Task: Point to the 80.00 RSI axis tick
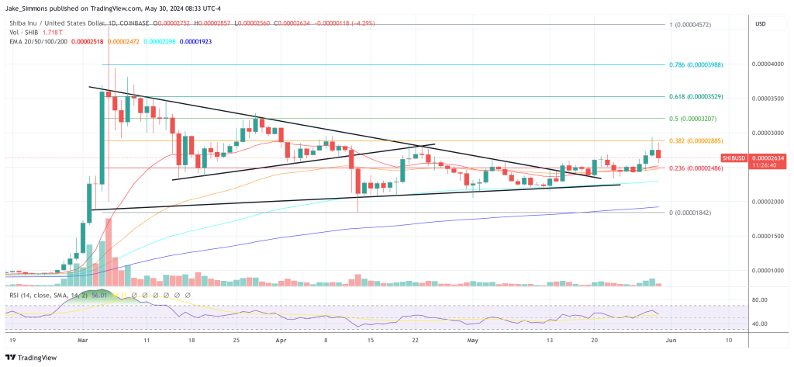(760, 299)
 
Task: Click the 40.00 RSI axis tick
(760, 324)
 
